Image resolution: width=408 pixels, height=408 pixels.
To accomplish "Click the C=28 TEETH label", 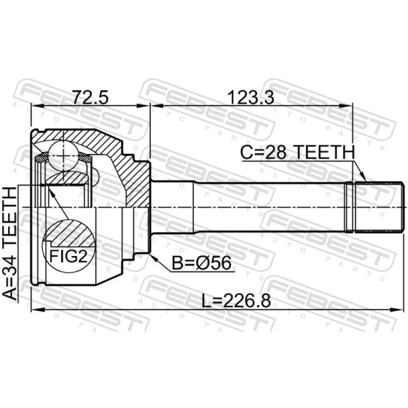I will click(x=297, y=152).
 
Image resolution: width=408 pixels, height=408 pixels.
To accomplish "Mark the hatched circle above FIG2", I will click(x=68, y=232).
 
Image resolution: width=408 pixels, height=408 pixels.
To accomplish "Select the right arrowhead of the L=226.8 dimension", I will click(x=395, y=309).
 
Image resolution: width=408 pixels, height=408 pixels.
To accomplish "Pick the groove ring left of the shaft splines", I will click(x=349, y=208).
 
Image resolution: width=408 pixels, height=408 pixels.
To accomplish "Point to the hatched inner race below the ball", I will click(x=66, y=178).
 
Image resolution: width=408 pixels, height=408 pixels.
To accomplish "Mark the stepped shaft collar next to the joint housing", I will click(x=172, y=208).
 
